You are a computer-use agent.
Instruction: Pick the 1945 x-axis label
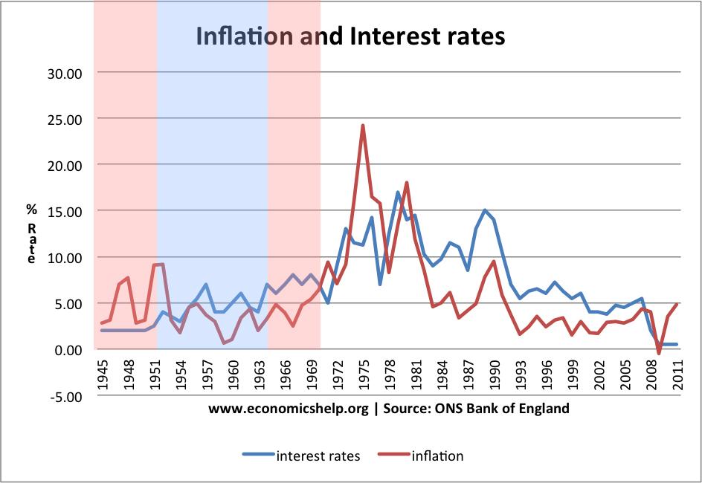pyautogui.click(x=103, y=371)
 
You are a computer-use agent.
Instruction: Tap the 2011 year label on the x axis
pyautogui.click(x=677, y=371)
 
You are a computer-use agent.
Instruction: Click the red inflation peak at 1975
pyautogui.click(x=363, y=126)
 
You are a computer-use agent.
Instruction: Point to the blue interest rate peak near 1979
pyautogui.click(x=398, y=192)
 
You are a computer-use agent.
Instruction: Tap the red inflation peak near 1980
pyautogui.click(x=407, y=183)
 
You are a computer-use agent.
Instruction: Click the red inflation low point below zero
pyautogui.click(x=659, y=353)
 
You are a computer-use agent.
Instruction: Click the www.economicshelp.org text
pyautogui.click(x=288, y=408)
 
